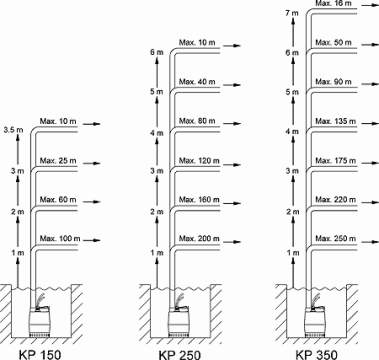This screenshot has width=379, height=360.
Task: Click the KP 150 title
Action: point(40,354)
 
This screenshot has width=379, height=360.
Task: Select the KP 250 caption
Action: point(180,354)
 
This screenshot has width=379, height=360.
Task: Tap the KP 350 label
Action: point(316,354)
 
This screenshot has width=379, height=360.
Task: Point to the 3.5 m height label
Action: point(14,130)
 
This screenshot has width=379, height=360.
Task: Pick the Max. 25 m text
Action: point(58,161)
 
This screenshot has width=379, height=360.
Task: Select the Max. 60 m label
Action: point(58,200)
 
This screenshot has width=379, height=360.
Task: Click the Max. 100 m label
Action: point(60,239)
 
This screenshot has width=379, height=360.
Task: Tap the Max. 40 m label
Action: point(197,82)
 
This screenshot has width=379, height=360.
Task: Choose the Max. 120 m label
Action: point(199,161)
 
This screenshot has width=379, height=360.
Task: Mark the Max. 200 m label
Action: point(199,239)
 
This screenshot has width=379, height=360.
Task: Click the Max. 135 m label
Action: point(335,121)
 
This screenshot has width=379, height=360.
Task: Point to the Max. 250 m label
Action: point(335,239)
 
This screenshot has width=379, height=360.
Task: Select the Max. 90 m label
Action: point(333,82)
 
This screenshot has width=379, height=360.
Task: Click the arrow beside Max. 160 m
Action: point(232,203)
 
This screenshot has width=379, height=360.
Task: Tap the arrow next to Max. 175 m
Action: point(370,163)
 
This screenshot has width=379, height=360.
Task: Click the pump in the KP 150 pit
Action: point(40,321)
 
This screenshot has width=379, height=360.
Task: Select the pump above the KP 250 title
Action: point(178,321)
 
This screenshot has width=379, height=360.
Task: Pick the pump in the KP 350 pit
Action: point(314,321)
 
